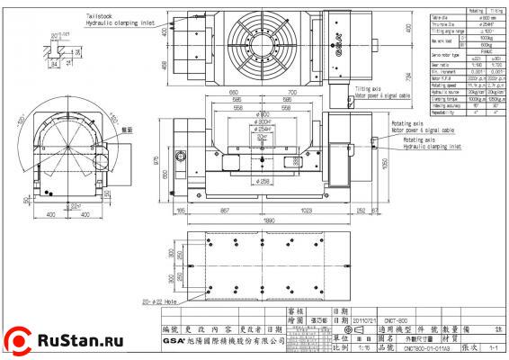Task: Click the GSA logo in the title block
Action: tap(175, 341)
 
